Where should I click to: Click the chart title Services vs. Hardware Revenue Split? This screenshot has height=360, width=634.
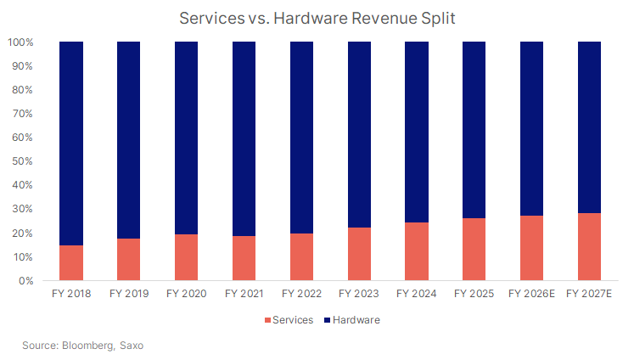coord(317,16)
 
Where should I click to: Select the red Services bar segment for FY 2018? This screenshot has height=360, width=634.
coord(71,262)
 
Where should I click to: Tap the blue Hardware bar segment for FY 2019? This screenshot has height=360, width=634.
coord(129,140)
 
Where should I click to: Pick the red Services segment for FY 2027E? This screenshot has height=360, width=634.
coord(589,246)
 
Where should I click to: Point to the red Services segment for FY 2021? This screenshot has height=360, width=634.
coord(244,258)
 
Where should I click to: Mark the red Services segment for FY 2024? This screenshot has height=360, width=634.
coord(417,251)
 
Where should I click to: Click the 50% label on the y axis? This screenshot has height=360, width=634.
coord(23,161)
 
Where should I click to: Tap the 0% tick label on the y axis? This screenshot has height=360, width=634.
coord(25,281)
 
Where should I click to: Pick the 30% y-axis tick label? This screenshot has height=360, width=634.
coord(23,209)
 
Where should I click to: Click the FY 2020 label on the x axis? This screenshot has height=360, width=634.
coord(187,295)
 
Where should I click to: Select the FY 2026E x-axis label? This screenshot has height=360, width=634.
coord(531,295)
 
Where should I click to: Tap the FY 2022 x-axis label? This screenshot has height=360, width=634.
coord(301,295)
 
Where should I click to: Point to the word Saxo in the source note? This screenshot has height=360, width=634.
coord(136,346)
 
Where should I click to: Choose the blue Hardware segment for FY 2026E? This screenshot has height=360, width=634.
coord(531,128)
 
